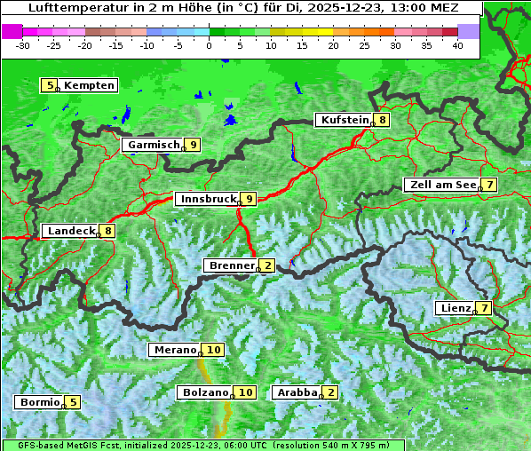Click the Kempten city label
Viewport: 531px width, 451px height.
click(x=89, y=85)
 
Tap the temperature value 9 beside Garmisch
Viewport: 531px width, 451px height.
click(x=193, y=145)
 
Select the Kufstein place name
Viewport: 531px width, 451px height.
click(x=344, y=120)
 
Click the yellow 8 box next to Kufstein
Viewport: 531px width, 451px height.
click(x=382, y=120)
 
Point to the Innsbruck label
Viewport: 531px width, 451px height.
click(x=207, y=199)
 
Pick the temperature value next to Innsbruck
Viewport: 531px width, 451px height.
click(x=250, y=199)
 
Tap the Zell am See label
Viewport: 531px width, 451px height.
click(x=440, y=185)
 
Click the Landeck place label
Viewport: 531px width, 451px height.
click(x=71, y=231)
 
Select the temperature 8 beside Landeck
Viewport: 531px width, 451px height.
click(x=108, y=231)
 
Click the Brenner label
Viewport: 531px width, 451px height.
click(x=231, y=265)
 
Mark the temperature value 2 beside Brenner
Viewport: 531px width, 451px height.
click(x=267, y=265)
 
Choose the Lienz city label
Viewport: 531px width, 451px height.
click(x=455, y=308)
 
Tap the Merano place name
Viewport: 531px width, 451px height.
click(x=173, y=350)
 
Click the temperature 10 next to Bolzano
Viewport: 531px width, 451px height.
click(x=246, y=392)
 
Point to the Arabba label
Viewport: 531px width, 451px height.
click(x=297, y=392)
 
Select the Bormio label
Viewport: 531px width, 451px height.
click(x=40, y=402)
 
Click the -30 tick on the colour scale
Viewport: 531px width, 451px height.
click(x=23, y=44)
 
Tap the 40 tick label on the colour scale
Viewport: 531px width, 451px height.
click(x=457, y=44)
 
